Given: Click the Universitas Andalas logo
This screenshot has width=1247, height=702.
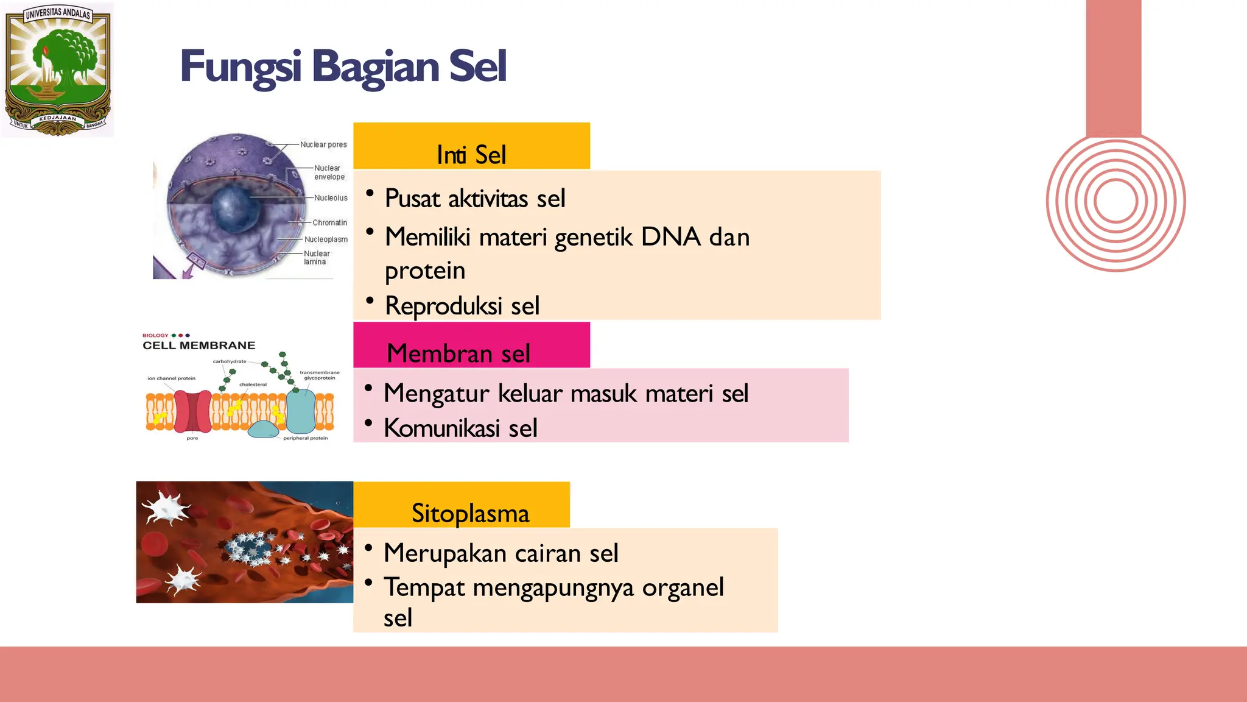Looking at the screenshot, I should tap(58, 69).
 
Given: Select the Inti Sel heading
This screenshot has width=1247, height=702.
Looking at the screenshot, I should tap(471, 155).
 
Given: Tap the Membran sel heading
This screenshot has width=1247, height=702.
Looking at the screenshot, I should tap(458, 353).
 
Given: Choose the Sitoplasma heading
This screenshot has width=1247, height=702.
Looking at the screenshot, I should tap(470, 513).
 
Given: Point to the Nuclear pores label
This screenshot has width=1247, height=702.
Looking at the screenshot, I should tap(323, 145).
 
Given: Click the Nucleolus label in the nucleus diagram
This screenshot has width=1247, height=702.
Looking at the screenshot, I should tap(331, 198).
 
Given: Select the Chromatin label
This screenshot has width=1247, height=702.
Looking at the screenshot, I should tap(329, 223).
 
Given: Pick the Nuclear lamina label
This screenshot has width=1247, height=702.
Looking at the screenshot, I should tap(316, 258).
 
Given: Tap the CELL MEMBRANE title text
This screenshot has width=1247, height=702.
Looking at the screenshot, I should tap(198, 346).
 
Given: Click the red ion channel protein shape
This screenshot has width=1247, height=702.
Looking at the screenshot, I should tap(192, 412).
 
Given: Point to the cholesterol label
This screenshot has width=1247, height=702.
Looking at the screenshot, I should tap(253, 385).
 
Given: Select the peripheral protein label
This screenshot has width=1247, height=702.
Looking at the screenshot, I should tap(305, 438).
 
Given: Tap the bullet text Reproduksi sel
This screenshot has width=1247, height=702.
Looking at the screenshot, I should tap(462, 306).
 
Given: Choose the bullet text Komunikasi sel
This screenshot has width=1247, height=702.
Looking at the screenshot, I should tap(460, 428).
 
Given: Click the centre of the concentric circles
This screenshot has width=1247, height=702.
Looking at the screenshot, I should tap(1115, 202).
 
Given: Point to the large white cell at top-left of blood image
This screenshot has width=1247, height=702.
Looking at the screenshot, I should tap(166, 508).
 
